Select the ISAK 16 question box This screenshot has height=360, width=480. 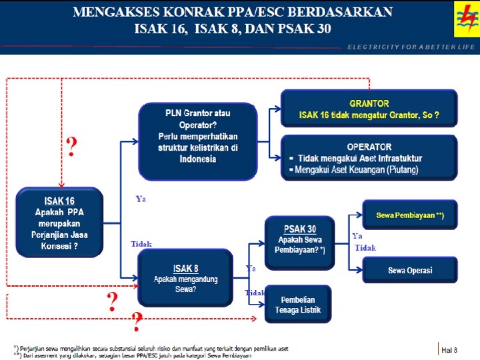tap(59, 223)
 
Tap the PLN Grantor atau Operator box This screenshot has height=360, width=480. tap(197, 141)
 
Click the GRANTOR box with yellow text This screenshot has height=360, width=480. tap(369, 109)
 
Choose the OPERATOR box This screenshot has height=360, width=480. tap(369, 158)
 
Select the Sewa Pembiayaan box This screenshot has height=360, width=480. tap(409, 215)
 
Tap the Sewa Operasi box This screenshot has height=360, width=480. tap(409, 270)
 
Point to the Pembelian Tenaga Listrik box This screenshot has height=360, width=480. tap(297, 304)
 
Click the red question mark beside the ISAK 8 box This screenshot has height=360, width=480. tap(113, 301)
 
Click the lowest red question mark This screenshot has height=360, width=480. tap(137, 323)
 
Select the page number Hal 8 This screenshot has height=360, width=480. tap(449, 349)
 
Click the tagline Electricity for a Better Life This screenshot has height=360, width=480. tap(411, 47)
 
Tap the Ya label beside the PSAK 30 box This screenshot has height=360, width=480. tap(357, 235)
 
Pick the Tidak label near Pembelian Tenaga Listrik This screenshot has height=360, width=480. tap(255, 293)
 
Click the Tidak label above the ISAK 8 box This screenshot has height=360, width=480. tap(141, 244)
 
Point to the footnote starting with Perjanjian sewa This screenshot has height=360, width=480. tap(153, 347)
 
